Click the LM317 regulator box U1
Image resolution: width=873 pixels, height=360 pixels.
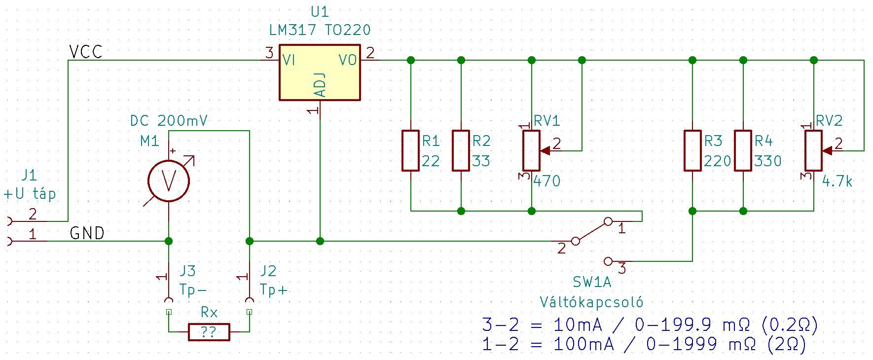(x=320, y=72)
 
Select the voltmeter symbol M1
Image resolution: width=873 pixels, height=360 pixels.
(x=169, y=181)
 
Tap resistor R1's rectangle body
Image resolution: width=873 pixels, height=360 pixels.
(x=410, y=150)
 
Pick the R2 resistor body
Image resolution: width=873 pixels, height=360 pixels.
(x=461, y=150)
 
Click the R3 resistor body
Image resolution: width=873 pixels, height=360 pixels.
(x=692, y=150)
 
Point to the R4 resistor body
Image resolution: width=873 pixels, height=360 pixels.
(x=743, y=150)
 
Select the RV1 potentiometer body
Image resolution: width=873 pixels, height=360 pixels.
(x=531, y=150)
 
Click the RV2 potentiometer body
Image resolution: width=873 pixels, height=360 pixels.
(x=813, y=150)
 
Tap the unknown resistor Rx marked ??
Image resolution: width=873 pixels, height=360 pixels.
(x=209, y=332)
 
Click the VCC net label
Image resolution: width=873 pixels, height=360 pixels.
(x=86, y=52)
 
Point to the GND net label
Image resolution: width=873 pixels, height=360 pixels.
(x=87, y=233)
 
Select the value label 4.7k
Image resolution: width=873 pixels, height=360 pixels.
(x=837, y=181)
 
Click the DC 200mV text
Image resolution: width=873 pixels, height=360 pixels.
(x=169, y=121)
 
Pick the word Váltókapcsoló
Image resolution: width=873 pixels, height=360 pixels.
(x=591, y=302)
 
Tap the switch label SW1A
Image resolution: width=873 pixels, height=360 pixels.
(x=592, y=282)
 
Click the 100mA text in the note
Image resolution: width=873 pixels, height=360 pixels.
(x=583, y=344)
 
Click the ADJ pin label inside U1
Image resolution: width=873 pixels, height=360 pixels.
(x=320, y=85)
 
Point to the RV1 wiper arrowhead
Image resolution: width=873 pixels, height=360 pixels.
(x=545, y=151)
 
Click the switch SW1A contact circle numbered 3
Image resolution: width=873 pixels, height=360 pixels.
(x=608, y=261)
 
